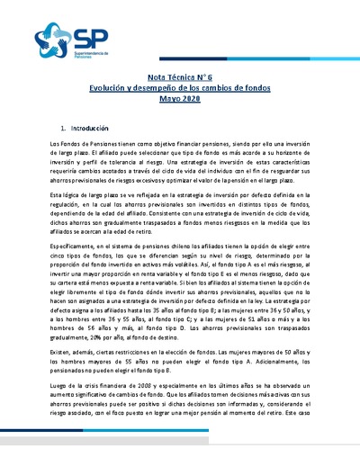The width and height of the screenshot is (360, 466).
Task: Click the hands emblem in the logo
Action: (x=51, y=37)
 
